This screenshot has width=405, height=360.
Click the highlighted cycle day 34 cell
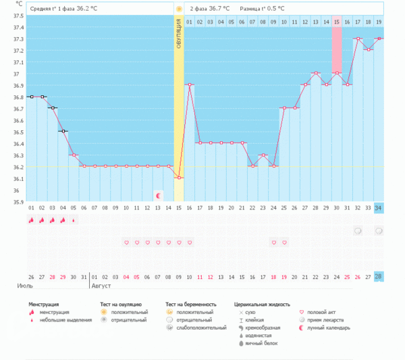pyautogui.click(x=379, y=207)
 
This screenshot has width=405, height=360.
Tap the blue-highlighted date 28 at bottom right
pyautogui.click(x=379, y=277)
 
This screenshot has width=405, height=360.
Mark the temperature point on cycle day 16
pyautogui.click(x=190, y=85)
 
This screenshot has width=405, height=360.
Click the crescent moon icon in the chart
pyautogui.click(x=158, y=195)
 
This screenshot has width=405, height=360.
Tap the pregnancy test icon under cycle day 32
pyautogui.click(x=358, y=231)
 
